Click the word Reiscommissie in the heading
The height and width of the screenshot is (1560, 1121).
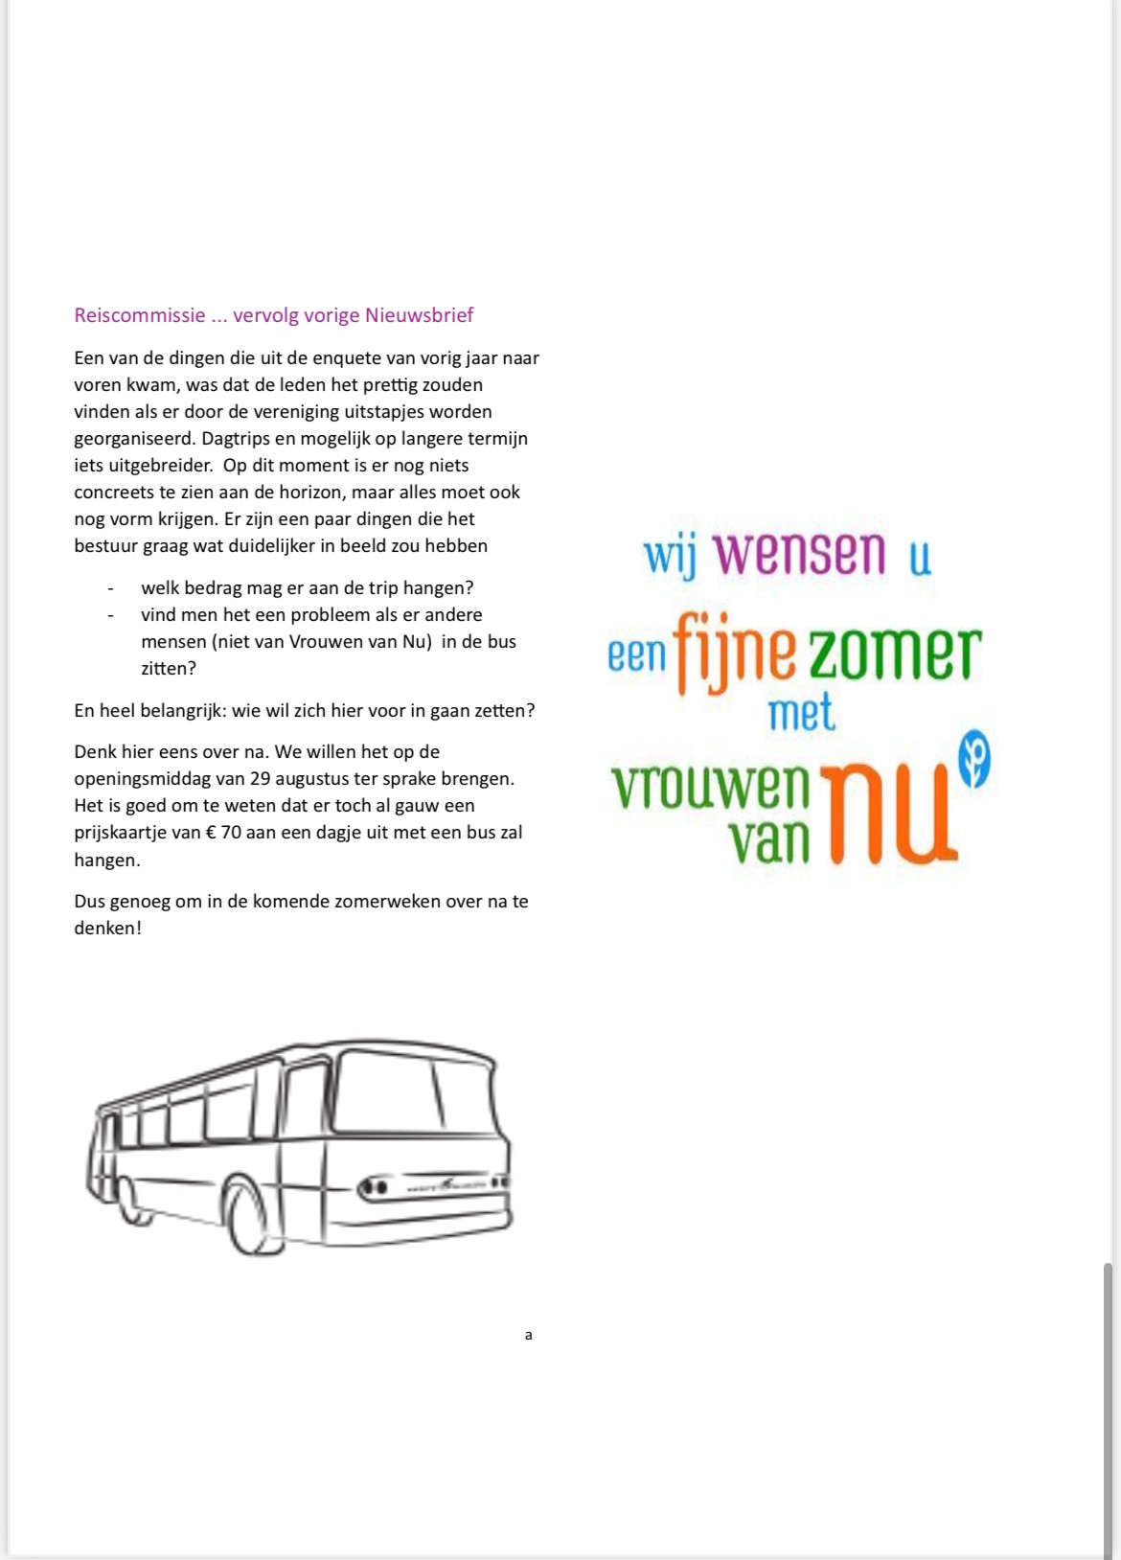pyautogui.click(x=140, y=315)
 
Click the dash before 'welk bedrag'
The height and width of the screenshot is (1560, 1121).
pyautogui.click(x=111, y=588)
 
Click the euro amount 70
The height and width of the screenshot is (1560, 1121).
pyautogui.click(x=232, y=833)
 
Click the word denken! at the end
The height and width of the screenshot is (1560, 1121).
pyautogui.click(x=107, y=929)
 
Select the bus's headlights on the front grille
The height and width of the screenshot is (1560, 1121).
pyautogui.click(x=374, y=1188)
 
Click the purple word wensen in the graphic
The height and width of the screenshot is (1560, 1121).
pyautogui.click(x=800, y=554)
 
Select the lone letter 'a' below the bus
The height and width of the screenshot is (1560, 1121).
pyautogui.click(x=528, y=1335)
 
